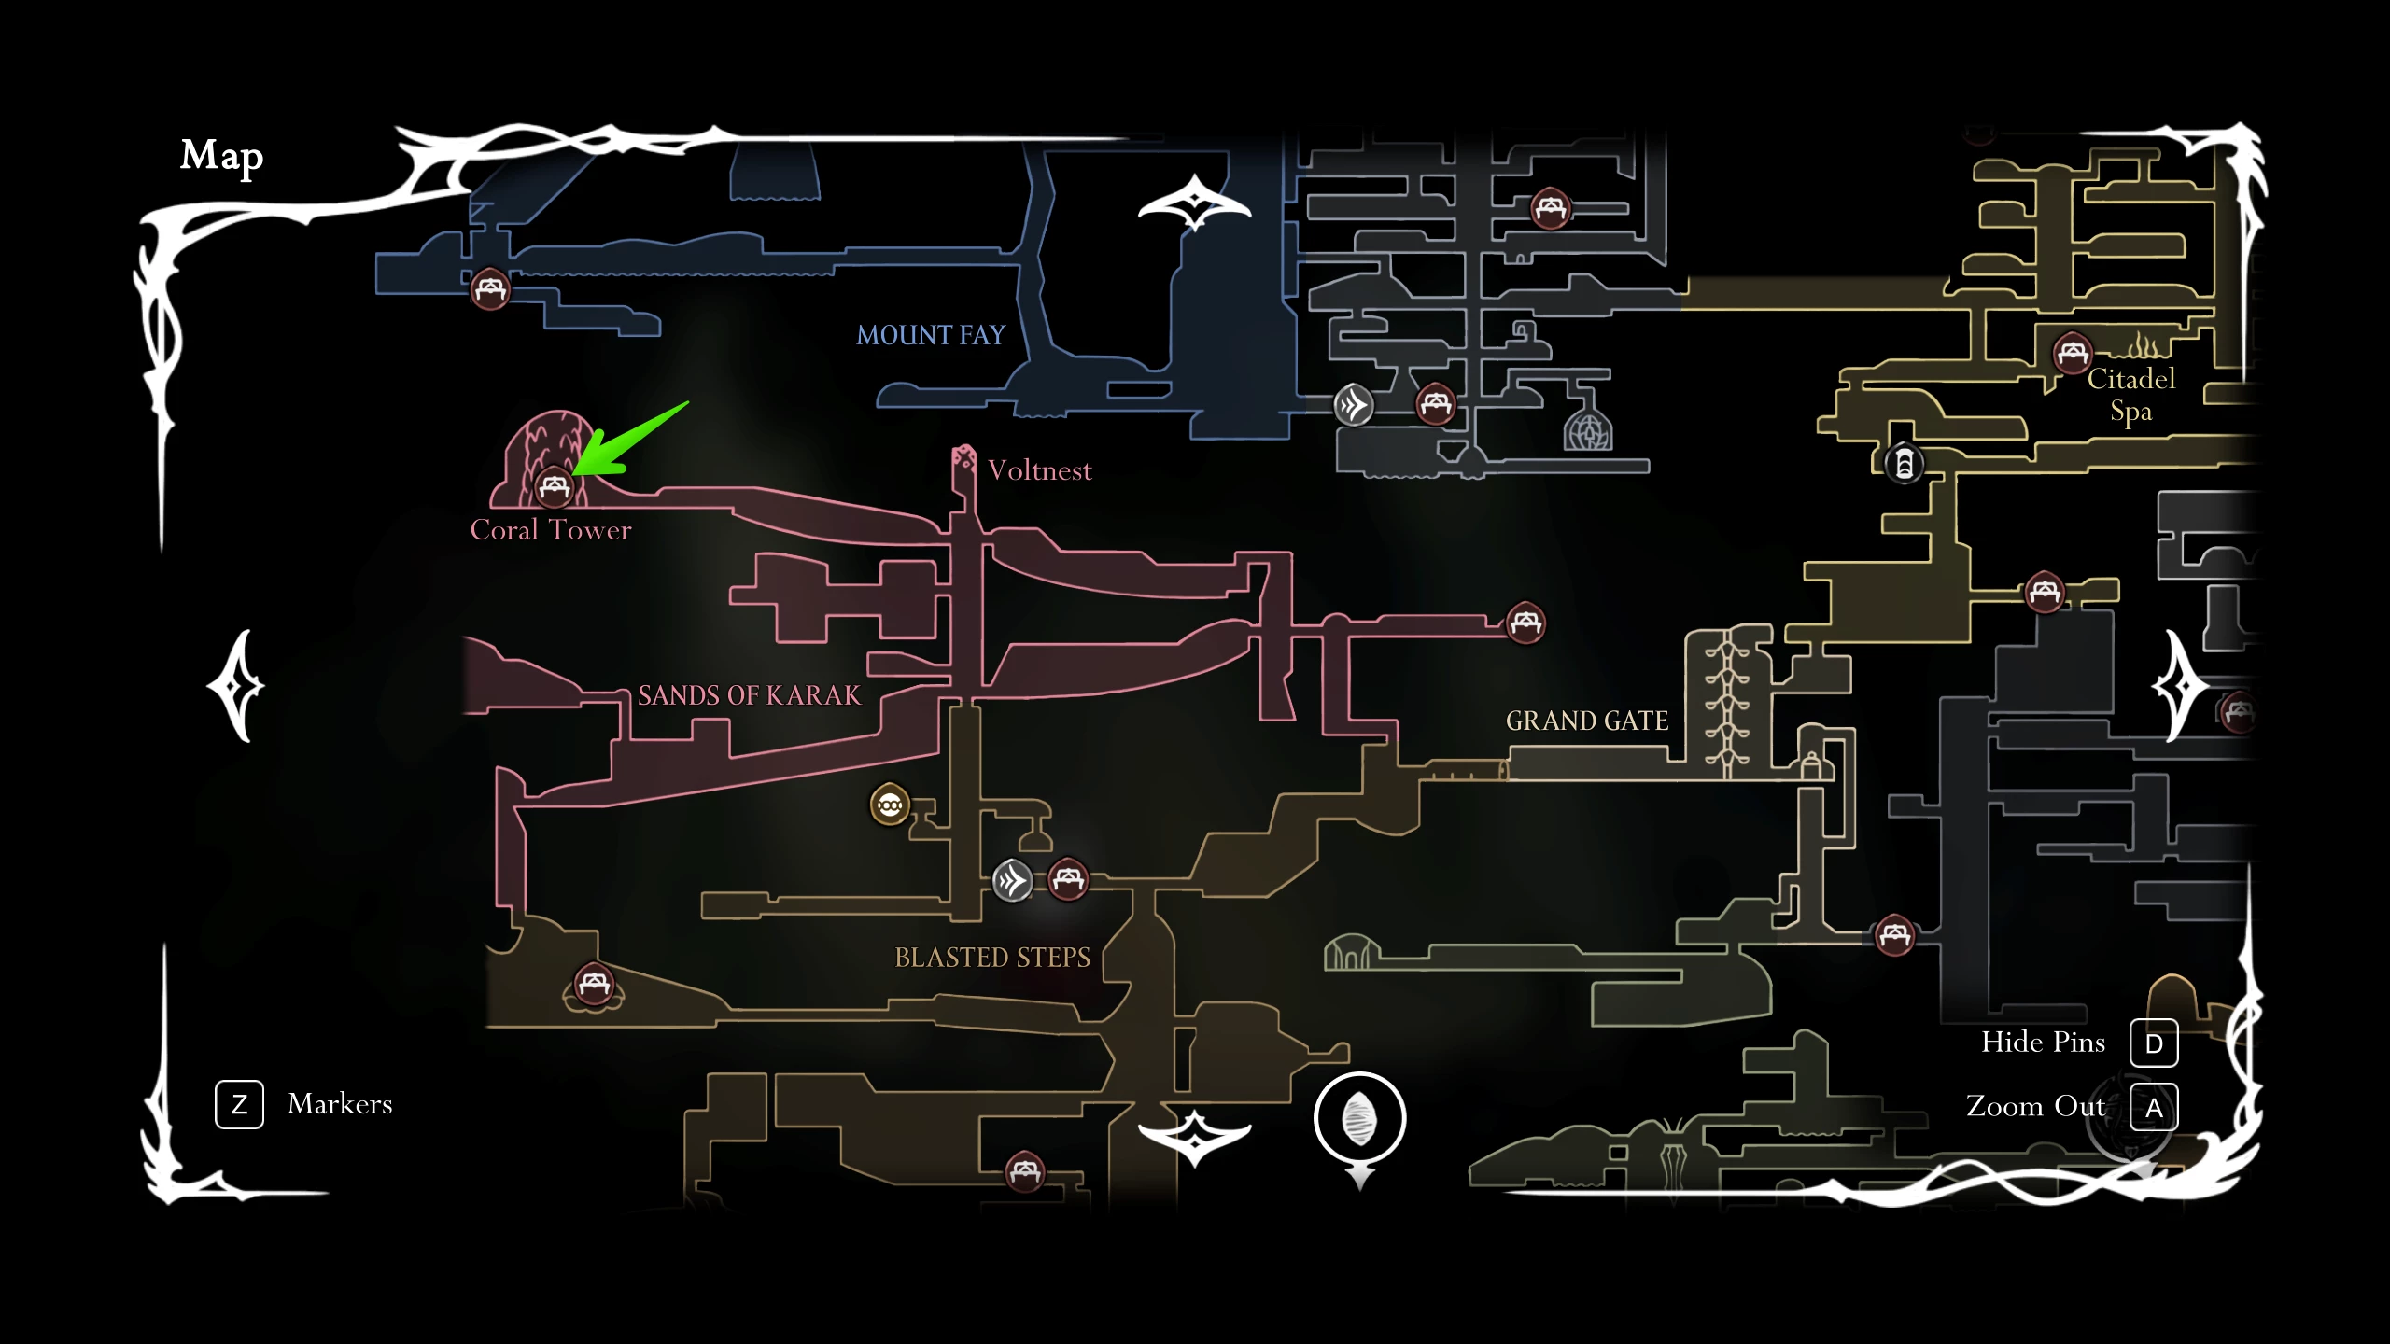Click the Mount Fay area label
click(x=931, y=335)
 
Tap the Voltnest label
click(x=1039, y=470)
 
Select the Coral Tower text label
click(x=551, y=530)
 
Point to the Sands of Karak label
click(x=749, y=695)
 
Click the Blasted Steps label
click(x=992, y=958)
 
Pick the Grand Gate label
click(x=1587, y=721)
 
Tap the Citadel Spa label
click(x=2131, y=395)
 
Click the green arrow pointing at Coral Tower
click(x=629, y=440)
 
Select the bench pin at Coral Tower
click(x=555, y=485)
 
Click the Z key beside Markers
click(x=239, y=1105)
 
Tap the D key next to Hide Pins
click(x=2154, y=1043)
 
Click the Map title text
click(x=221, y=157)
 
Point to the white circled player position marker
click(x=1359, y=1118)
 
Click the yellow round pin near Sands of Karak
click(x=890, y=805)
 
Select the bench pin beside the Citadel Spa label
click(x=2073, y=353)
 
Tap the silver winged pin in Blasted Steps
click(x=1012, y=880)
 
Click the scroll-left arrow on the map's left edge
click(x=237, y=687)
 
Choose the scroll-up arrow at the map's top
click(x=1195, y=202)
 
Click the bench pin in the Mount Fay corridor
click(x=490, y=288)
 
